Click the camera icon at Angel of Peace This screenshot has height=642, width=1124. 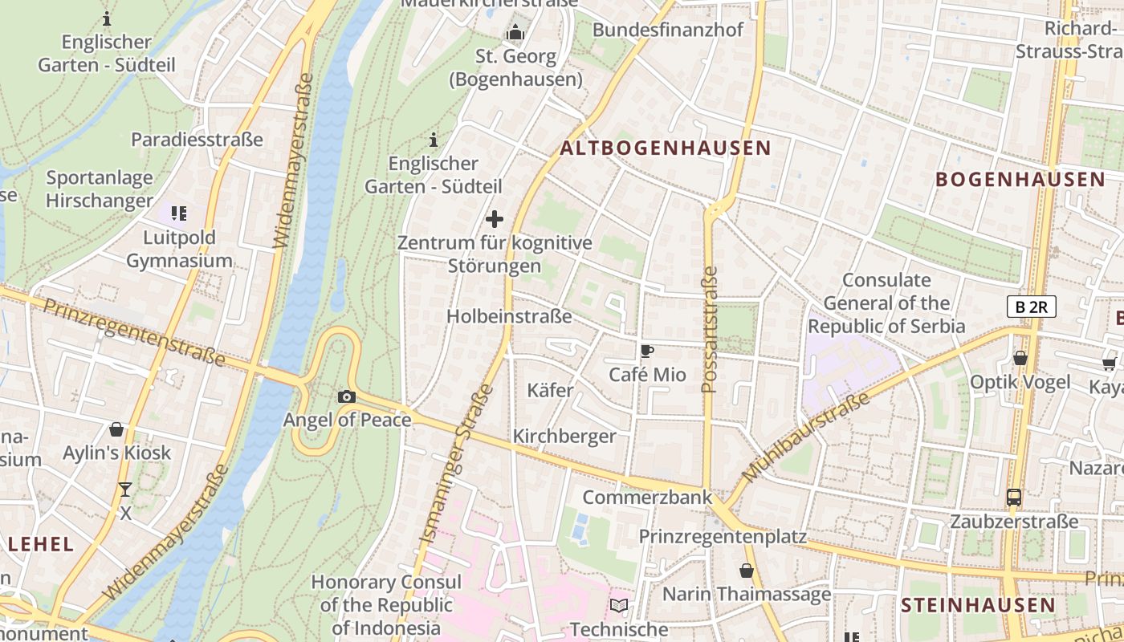tap(347, 396)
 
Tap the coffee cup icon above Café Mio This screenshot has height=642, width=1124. tap(647, 351)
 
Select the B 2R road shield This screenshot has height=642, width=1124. tap(1031, 306)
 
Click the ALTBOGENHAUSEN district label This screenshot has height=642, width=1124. tap(665, 148)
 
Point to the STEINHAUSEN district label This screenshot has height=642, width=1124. tap(978, 605)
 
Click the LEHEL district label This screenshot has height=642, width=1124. tap(41, 544)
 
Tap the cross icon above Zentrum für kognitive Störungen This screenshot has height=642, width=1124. tap(495, 218)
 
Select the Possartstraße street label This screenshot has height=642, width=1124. tap(708, 330)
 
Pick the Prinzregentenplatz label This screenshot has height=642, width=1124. tap(722, 535)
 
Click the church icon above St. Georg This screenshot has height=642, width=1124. tap(515, 33)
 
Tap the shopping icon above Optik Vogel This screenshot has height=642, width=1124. tap(1020, 358)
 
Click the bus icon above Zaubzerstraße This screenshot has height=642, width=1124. tap(1014, 497)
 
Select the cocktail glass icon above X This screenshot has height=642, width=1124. tap(125, 489)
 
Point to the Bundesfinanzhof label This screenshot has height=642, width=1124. tap(668, 30)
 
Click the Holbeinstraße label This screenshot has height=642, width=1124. tap(509, 316)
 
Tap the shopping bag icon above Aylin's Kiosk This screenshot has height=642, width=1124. tap(116, 429)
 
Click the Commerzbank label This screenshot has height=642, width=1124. tap(647, 497)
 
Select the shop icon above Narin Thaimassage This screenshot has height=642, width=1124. tap(746, 571)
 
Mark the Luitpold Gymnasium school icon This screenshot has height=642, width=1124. tap(179, 213)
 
